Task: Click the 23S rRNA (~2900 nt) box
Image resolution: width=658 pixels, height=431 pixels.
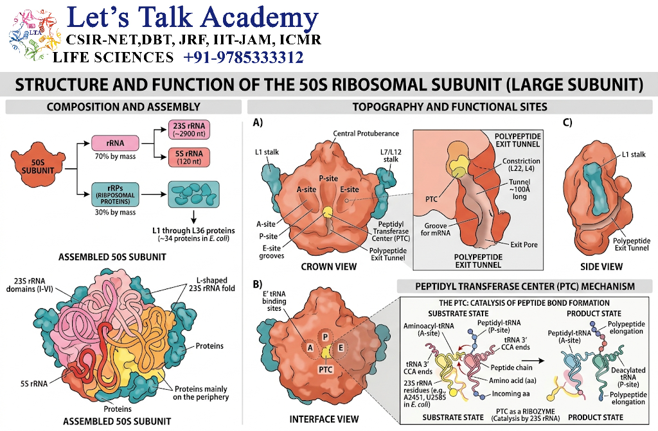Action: (189, 130)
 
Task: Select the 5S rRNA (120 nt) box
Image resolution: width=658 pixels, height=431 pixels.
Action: (189, 157)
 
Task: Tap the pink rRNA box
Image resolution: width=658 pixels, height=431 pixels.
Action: (115, 143)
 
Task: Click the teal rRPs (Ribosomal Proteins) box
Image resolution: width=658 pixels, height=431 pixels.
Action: (115, 195)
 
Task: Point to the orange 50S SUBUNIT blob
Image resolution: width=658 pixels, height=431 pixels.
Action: (38, 166)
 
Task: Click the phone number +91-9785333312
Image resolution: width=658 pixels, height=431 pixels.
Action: (244, 57)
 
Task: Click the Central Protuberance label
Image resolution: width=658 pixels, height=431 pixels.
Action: (366, 134)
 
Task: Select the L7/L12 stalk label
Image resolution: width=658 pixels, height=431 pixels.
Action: (390, 155)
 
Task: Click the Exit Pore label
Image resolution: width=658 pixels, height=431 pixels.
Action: (524, 245)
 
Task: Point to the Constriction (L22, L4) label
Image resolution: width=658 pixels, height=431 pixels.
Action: (521, 164)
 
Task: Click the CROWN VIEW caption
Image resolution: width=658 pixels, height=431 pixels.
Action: (328, 267)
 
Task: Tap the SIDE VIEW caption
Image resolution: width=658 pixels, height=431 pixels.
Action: (601, 267)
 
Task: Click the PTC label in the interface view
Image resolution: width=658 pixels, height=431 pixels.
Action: (325, 369)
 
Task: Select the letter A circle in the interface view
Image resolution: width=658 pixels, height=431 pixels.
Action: (310, 348)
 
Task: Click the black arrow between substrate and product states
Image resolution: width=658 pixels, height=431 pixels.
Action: (533, 360)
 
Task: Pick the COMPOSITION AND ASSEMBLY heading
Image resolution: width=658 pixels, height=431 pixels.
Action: (123, 107)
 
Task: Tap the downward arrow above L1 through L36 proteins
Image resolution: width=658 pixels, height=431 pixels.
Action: (193, 216)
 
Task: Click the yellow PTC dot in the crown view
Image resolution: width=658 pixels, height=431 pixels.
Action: (327, 212)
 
